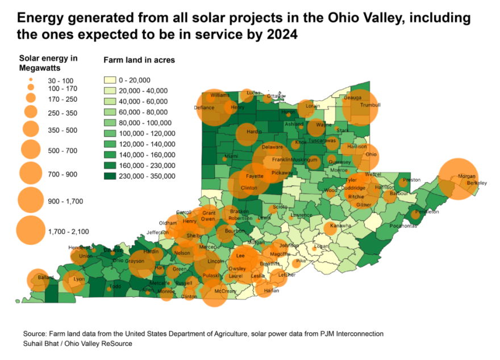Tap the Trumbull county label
[370, 105]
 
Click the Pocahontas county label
[404, 225]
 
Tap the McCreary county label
[226, 291]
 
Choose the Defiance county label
[204, 107]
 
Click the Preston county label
[411, 180]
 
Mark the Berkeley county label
[477, 183]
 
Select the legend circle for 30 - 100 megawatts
[31, 80]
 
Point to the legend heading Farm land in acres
[139, 59]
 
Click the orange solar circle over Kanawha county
[330, 229]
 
